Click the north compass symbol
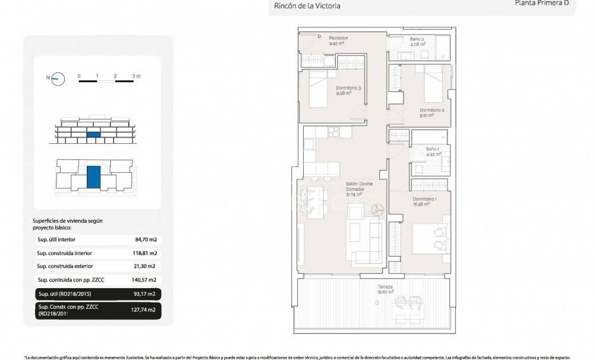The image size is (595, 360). tap(58, 78)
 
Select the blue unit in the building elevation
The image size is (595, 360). tap(93, 135)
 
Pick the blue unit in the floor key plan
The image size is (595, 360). tap(93, 177)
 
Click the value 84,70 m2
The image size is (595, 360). tap(146, 240)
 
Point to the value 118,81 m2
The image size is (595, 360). tap(144, 253)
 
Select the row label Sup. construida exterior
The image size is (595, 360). tap(65, 266)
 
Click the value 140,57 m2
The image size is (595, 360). tap(144, 280)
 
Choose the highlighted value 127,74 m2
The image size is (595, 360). tap(143, 310)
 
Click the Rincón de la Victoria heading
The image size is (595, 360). tap(307, 6)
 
